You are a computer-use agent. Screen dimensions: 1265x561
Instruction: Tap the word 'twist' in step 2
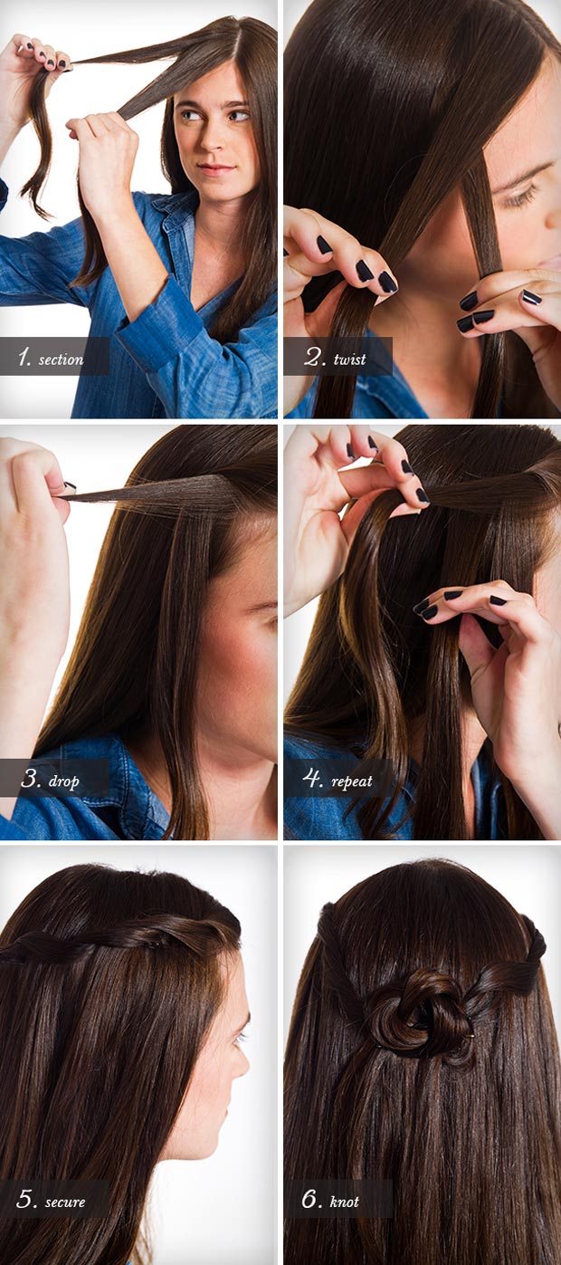(x=349, y=359)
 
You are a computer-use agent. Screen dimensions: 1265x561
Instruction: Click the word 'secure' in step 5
(x=65, y=1203)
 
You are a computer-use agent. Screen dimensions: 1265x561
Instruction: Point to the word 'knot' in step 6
(x=344, y=1203)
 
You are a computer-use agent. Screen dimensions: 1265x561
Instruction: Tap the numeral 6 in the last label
(x=311, y=1200)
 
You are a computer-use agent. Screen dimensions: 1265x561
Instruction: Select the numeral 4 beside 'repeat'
(x=313, y=779)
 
